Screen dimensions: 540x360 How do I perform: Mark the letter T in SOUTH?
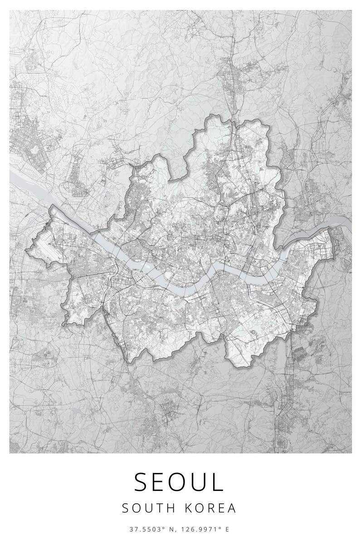[x=160, y=508]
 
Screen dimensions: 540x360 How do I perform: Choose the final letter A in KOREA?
[x=232, y=508]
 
